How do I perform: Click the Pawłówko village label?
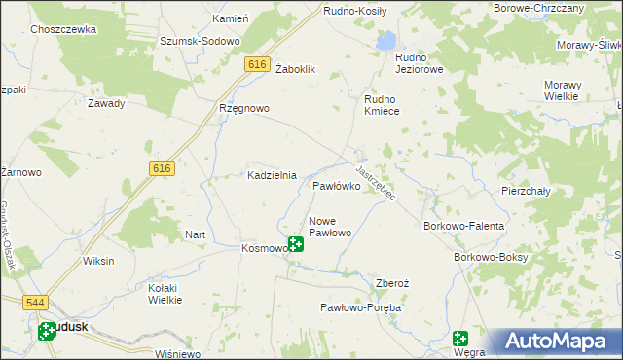point(339,185)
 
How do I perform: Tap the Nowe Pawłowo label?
point(329,227)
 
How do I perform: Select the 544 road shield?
point(37,303)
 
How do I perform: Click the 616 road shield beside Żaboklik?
point(257,63)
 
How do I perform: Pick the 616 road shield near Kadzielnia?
point(163,168)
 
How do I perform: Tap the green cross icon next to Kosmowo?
point(295,244)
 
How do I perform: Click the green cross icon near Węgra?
point(461,339)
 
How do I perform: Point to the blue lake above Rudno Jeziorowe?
point(386,41)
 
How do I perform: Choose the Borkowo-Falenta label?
point(463,226)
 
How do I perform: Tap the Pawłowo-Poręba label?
point(361,306)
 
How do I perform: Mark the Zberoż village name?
point(392,283)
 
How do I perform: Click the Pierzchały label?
point(526,191)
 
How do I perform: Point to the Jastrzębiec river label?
point(375,182)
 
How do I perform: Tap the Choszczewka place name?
point(63,30)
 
